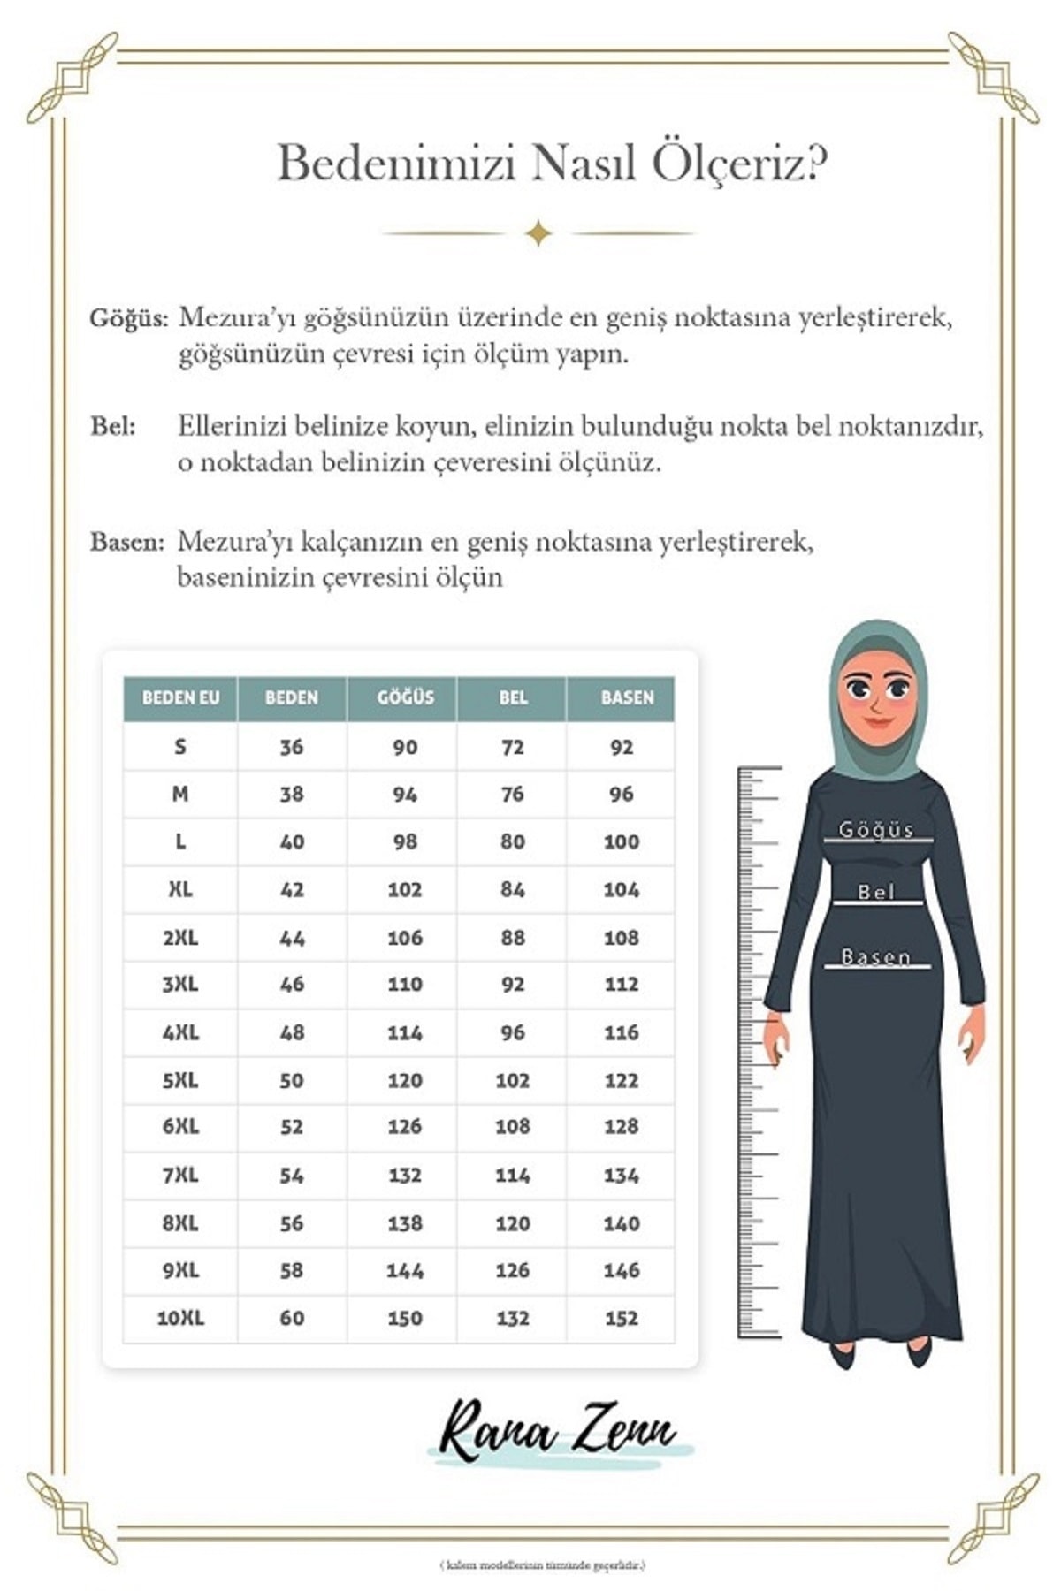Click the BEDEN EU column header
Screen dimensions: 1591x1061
pyautogui.click(x=180, y=697)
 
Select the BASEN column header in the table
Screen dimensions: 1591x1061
pyautogui.click(x=627, y=697)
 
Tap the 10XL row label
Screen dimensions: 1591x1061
pyautogui.click(x=180, y=1318)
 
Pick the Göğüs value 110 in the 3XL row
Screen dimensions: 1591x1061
pyautogui.click(x=404, y=984)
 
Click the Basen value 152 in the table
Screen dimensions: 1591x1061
pyautogui.click(x=621, y=1318)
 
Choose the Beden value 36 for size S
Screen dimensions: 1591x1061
pyautogui.click(x=291, y=747)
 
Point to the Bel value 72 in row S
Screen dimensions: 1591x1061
pyautogui.click(x=512, y=747)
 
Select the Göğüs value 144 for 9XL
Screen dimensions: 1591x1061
pyautogui.click(x=404, y=1270)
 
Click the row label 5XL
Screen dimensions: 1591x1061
pyautogui.click(x=180, y=1080)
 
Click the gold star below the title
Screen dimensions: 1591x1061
pyautogui.click(x=538, y=233)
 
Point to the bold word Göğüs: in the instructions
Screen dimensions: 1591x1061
pyautogui.click(x=128, y=318)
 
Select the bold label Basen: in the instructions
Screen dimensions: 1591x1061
pyautogui.click(x=127, y=541)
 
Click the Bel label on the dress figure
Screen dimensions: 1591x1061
pyautogui.click(x=876, y=893)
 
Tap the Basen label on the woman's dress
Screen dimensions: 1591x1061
pyautogui.click(x=875, y=957)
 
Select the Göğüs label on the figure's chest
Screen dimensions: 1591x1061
pyautogui.click(x=875, y=830)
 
